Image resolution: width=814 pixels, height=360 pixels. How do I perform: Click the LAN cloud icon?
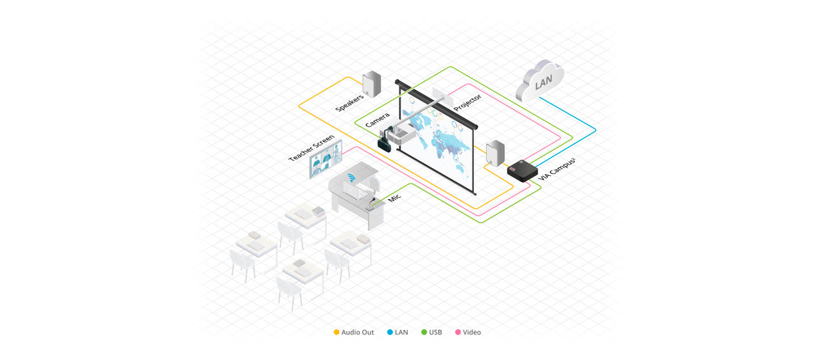tap(541, 81)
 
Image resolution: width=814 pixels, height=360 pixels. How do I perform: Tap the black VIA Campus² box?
tap(522, 171)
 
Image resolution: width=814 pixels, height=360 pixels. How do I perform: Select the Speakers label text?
tap(349, 103)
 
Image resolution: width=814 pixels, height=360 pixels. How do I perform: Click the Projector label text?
tap(467, 102)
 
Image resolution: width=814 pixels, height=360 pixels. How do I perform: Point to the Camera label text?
tap(377, 120)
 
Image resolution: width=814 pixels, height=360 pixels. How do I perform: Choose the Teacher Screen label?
tap(311, 148)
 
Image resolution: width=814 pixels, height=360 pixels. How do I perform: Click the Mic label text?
tap(394, 197)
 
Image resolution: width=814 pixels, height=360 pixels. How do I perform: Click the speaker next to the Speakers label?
tap(372, 83)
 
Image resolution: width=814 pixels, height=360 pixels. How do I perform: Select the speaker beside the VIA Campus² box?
tap(495, 153)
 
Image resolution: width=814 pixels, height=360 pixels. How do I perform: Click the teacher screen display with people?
tap(326, 159)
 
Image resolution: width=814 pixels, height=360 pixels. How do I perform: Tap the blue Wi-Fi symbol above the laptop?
tap(351, 178)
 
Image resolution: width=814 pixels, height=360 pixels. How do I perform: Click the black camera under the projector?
tap(385, 141)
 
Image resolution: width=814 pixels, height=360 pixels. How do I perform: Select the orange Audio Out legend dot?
tap(336, 332)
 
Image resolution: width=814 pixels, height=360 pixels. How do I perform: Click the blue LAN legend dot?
tap(390, 332)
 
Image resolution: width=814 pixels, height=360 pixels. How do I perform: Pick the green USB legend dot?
tap(424, 332)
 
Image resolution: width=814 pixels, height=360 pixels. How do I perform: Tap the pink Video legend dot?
tap(458, 332)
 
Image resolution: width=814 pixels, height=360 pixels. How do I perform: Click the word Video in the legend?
tap(472, 332)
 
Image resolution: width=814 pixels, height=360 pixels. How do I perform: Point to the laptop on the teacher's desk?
tap(355, 191)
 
